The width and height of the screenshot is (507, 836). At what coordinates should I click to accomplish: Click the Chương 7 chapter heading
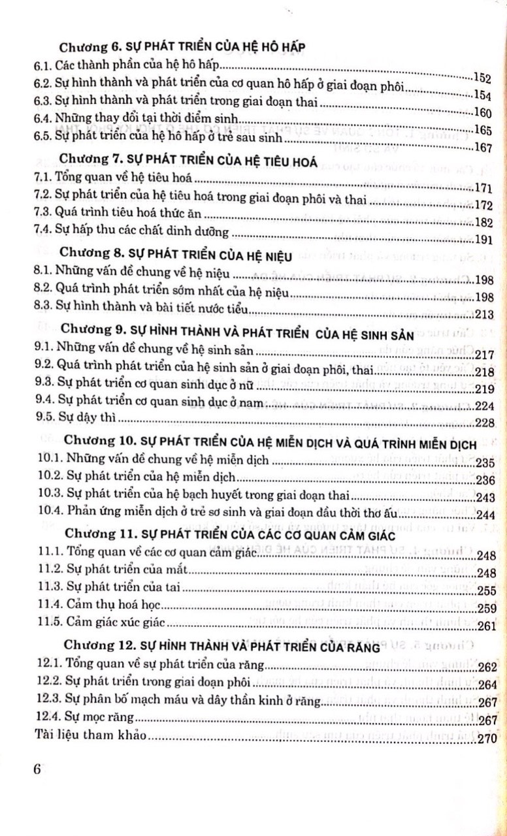(x=189, y=163)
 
